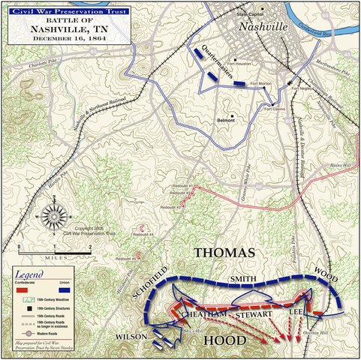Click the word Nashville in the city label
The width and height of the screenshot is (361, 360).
[263, 27]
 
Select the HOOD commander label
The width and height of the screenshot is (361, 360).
[224, 341]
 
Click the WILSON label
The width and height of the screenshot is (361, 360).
[131, 337]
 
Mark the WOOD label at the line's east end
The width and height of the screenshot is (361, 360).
[328, 271]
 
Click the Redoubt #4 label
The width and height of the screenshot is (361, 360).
[143, 235]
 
